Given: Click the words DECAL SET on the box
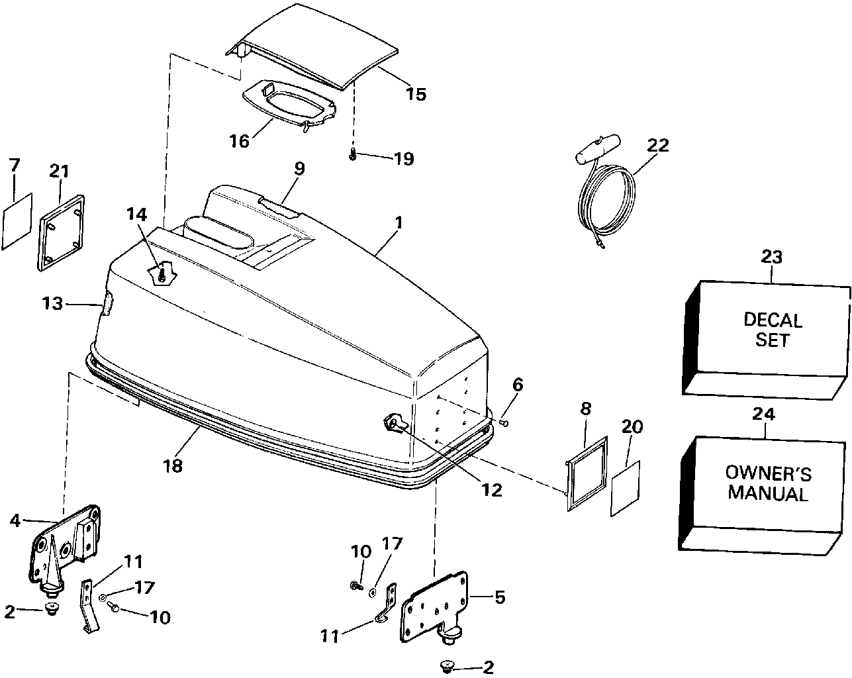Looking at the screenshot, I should [773, 330].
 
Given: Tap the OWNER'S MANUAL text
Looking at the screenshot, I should [768, 483].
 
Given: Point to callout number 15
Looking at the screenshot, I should [416, 93].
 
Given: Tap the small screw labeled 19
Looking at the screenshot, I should [352, 155].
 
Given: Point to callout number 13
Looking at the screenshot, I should [52, 304].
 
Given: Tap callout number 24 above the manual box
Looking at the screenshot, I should [765, 414].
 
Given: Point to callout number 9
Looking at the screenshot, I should [299, 168].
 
